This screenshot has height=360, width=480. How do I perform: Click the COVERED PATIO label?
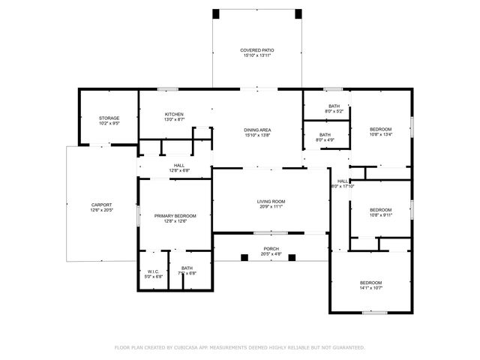pos(256,50)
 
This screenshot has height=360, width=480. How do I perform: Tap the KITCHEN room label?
pos(174,115)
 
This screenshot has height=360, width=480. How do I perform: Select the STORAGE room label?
pos(109,118)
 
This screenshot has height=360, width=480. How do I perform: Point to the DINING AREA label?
pos(257,130)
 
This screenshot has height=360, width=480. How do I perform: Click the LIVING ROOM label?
pos(271,201)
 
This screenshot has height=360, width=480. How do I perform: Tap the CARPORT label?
pos(101,205)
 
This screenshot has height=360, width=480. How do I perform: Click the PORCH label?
pos(271,249)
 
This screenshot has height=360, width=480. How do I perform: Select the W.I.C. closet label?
pos(153,271)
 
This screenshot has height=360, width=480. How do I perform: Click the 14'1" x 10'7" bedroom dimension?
pos(370,287)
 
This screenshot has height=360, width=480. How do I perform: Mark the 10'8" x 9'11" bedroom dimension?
pos(380,214)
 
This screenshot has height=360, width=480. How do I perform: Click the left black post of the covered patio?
pos(216,13)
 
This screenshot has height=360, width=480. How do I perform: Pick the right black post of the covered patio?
pos(298,13)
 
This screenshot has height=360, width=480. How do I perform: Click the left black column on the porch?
pos(244,257)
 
